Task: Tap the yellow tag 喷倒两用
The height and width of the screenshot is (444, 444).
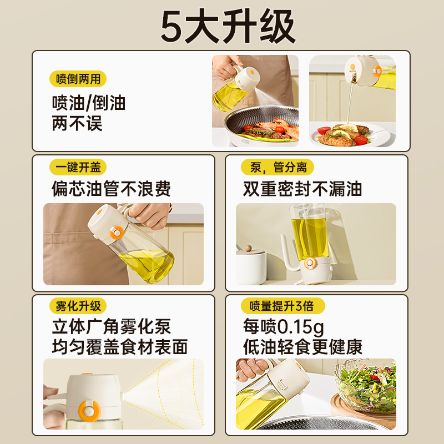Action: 78,79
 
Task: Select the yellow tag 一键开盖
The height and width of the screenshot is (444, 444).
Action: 78,167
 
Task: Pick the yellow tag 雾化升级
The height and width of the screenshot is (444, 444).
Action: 78,306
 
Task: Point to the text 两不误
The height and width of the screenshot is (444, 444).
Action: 77,123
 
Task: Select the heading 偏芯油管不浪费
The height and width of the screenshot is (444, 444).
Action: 111,189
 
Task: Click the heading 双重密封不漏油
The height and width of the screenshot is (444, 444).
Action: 302,189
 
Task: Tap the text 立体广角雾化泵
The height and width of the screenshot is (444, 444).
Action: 111,326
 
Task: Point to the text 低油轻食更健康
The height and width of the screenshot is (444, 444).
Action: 302,347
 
